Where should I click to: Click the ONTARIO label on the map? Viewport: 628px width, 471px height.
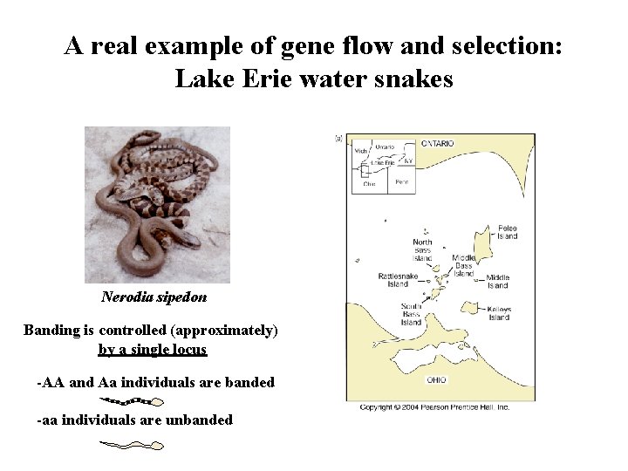(x=437, y=143)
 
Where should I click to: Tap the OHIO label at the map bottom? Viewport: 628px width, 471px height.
(x=437, y=380)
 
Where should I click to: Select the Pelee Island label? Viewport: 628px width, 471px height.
(x=507, y=232)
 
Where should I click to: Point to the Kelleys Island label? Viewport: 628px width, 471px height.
(x=498, y=312)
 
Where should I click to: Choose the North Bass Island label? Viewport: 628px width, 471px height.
(x=422, y=250)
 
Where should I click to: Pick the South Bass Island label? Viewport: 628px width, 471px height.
(x=411, y=314)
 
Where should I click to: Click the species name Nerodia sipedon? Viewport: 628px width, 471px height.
(x=154, y=297)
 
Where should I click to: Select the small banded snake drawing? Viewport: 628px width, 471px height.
(x=133, y=401)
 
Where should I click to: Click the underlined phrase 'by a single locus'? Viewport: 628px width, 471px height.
(x=153, y=350)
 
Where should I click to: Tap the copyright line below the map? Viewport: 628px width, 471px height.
(x=434, y=407)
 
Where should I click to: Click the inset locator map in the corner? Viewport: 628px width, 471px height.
(x=383, y=165)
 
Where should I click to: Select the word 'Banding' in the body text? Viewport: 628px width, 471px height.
(x=51, y=331)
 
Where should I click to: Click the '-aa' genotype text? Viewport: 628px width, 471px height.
(x=48, y=420)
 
